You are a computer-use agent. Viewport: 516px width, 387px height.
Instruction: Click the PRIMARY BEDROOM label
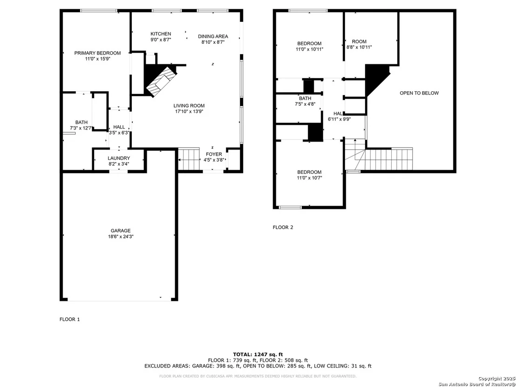pos(97,53)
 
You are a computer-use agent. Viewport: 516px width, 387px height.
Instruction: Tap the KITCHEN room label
pos(161,34)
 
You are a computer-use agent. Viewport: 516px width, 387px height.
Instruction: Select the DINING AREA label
pos(213,36)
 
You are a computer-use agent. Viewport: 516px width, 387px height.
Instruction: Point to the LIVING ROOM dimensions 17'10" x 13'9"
pos(189,112)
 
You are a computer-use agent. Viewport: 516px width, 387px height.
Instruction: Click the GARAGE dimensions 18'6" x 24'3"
pos(121,236)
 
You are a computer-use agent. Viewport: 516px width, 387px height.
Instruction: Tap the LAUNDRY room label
pos(119,158)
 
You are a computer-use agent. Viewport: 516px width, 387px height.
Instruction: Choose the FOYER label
pos(214,154)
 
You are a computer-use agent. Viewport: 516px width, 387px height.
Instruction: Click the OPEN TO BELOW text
pos(419,93)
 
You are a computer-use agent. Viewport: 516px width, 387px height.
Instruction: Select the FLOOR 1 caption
pos(70,319)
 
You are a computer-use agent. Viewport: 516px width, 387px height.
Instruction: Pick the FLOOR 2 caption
pos(283,227)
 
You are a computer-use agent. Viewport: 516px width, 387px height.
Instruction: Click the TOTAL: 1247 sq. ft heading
pos(258,354)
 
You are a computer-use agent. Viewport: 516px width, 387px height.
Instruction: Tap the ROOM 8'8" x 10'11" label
pos(359,44)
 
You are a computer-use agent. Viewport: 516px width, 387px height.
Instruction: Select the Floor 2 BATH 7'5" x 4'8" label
pos(305,101)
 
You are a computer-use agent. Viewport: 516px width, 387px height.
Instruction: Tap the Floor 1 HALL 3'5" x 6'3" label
pos(119,130)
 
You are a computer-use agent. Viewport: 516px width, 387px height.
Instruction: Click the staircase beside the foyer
pos(189,159)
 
